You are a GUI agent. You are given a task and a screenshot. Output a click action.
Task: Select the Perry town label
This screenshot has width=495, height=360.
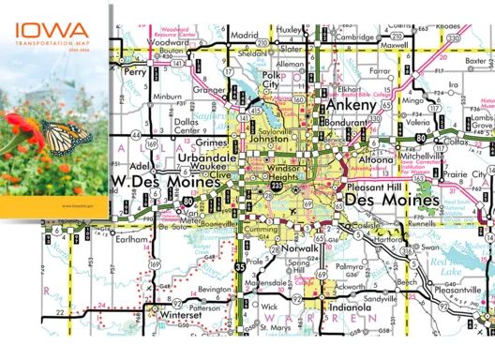[136, 71]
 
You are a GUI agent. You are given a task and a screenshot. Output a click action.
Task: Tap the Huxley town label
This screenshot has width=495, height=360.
[291, 30]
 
